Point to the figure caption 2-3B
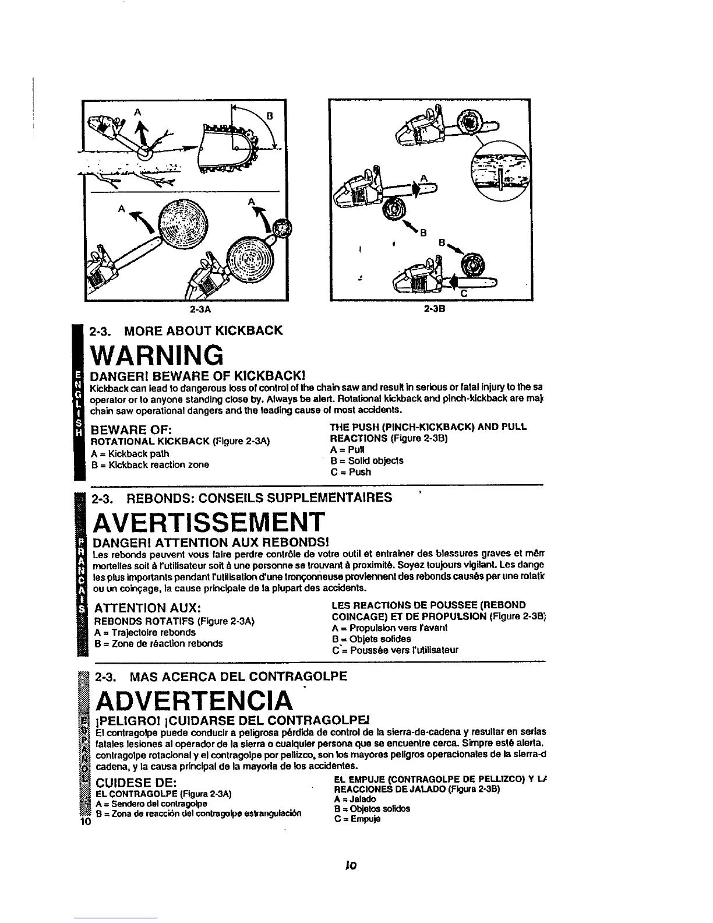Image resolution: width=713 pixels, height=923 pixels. pos(435,308)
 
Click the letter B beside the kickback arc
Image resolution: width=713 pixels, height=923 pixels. pos(270,116)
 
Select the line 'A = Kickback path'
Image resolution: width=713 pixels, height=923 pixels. pos(130,453)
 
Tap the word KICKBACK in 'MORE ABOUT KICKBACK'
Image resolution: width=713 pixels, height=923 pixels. pos(241,331)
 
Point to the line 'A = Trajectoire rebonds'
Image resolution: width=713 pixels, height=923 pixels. pos(145,632)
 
